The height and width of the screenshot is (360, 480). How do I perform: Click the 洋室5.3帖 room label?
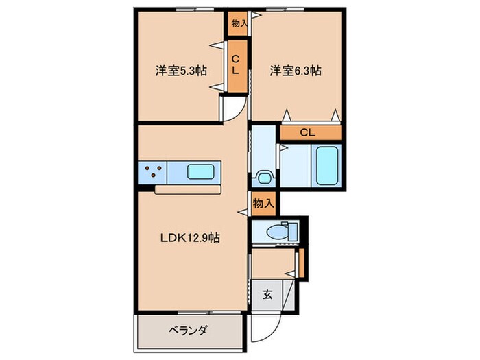(182, 70)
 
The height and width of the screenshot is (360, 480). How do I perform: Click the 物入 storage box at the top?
(239, 23)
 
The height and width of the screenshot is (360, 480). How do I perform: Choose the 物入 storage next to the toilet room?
(263, 203)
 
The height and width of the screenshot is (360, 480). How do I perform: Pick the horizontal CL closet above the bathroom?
(310, 132)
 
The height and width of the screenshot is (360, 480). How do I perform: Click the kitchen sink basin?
(201, 172)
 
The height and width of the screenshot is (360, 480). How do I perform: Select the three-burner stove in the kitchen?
(152, 171)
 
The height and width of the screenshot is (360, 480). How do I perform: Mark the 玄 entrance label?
(267, 295)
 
